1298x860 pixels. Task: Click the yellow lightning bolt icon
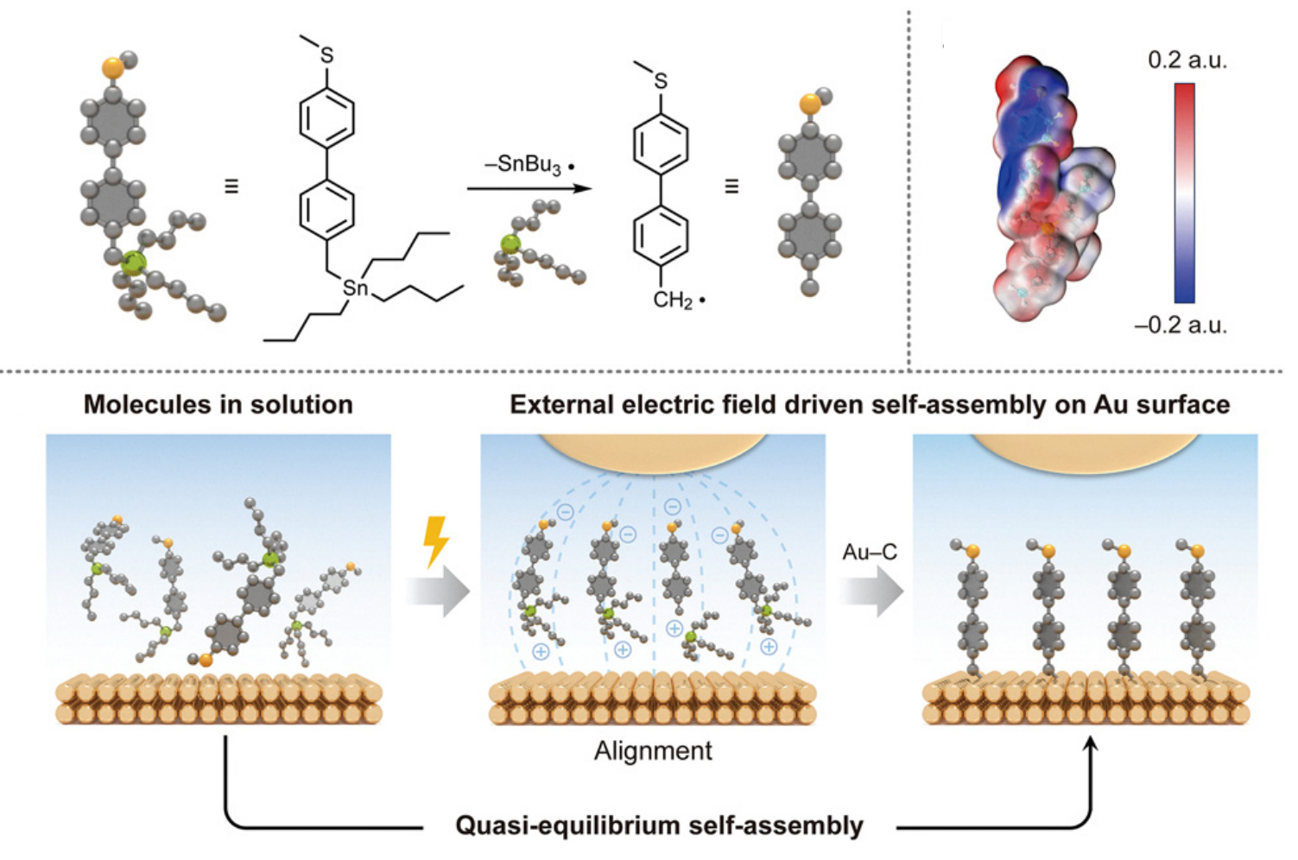(x=436, y=541)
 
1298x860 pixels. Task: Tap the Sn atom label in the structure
(x=355, y=288)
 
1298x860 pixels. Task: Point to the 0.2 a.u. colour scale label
(x=1187, y=60)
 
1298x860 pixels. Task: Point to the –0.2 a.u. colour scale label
(x=1181, y=326)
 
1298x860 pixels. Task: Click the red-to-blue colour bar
(x=1184, y=193)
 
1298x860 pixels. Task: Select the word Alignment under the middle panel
(x=653, y=750)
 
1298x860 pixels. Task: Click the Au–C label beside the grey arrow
(x=870, y=551)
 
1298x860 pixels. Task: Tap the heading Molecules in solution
(x=218, y=404)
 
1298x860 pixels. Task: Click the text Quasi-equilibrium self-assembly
(x=659, y=825)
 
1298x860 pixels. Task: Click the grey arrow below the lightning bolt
(x=440, y=592)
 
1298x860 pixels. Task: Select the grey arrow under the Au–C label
(x=871, y=592)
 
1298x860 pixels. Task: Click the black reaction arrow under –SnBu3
(x=529, y=187)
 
